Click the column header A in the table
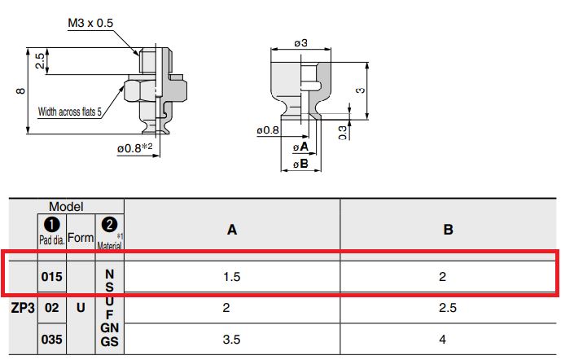(232, 230)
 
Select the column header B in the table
(448, 230)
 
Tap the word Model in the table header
(66, 208)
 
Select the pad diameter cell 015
(51, 277)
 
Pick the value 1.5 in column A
(232, 277)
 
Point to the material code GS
(110, 342)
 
